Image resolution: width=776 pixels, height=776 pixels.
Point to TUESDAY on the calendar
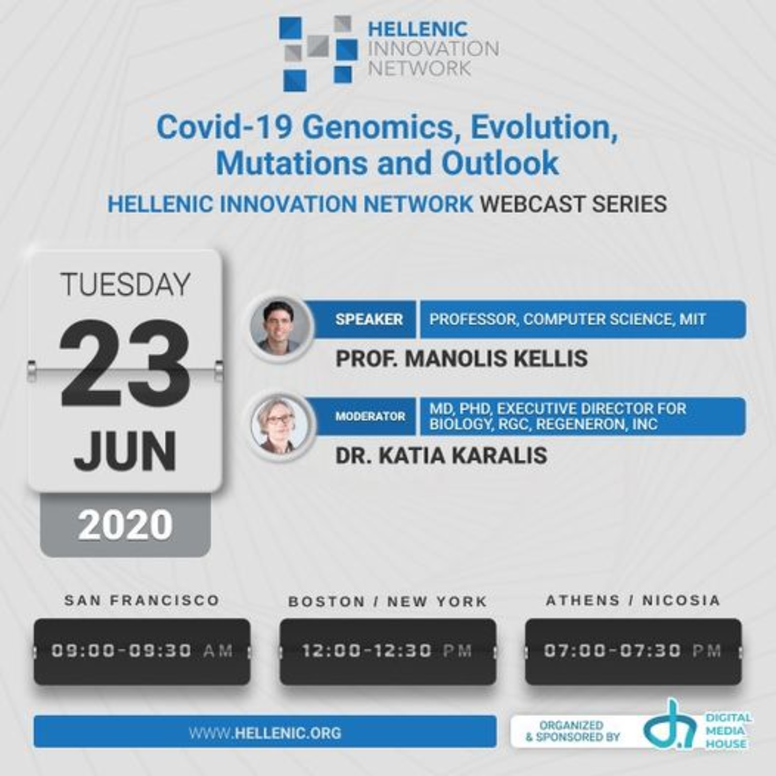coord(125,284)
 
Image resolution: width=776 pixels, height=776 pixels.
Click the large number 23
coord(124,363)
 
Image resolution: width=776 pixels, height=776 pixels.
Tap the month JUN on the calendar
coord(125,451)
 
